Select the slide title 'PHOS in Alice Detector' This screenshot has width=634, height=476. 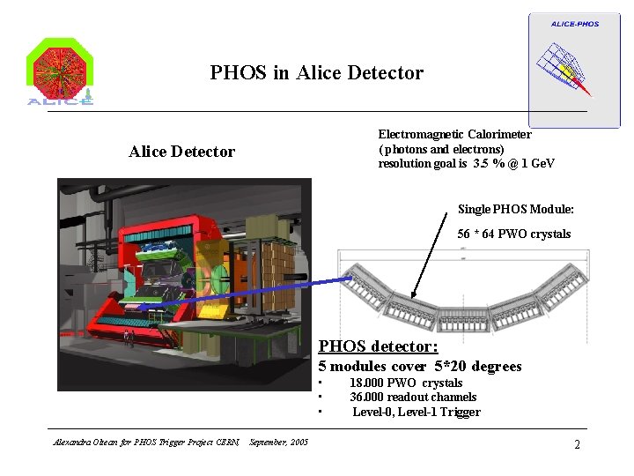(316, 73)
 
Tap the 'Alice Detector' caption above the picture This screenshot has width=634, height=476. (181, 152)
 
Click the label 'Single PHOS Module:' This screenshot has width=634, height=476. (515, 209)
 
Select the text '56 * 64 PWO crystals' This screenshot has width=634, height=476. (513, 234)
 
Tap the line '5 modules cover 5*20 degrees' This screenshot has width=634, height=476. (419, 367)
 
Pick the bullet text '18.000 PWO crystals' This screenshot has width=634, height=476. (405, 383)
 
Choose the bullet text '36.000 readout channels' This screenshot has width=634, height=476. (412, 398)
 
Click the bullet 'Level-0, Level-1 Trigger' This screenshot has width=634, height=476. (416, 412)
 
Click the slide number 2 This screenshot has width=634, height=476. (577, 444)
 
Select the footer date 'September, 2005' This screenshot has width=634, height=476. (279, 442)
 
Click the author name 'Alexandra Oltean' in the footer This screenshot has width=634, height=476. (77, 442)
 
